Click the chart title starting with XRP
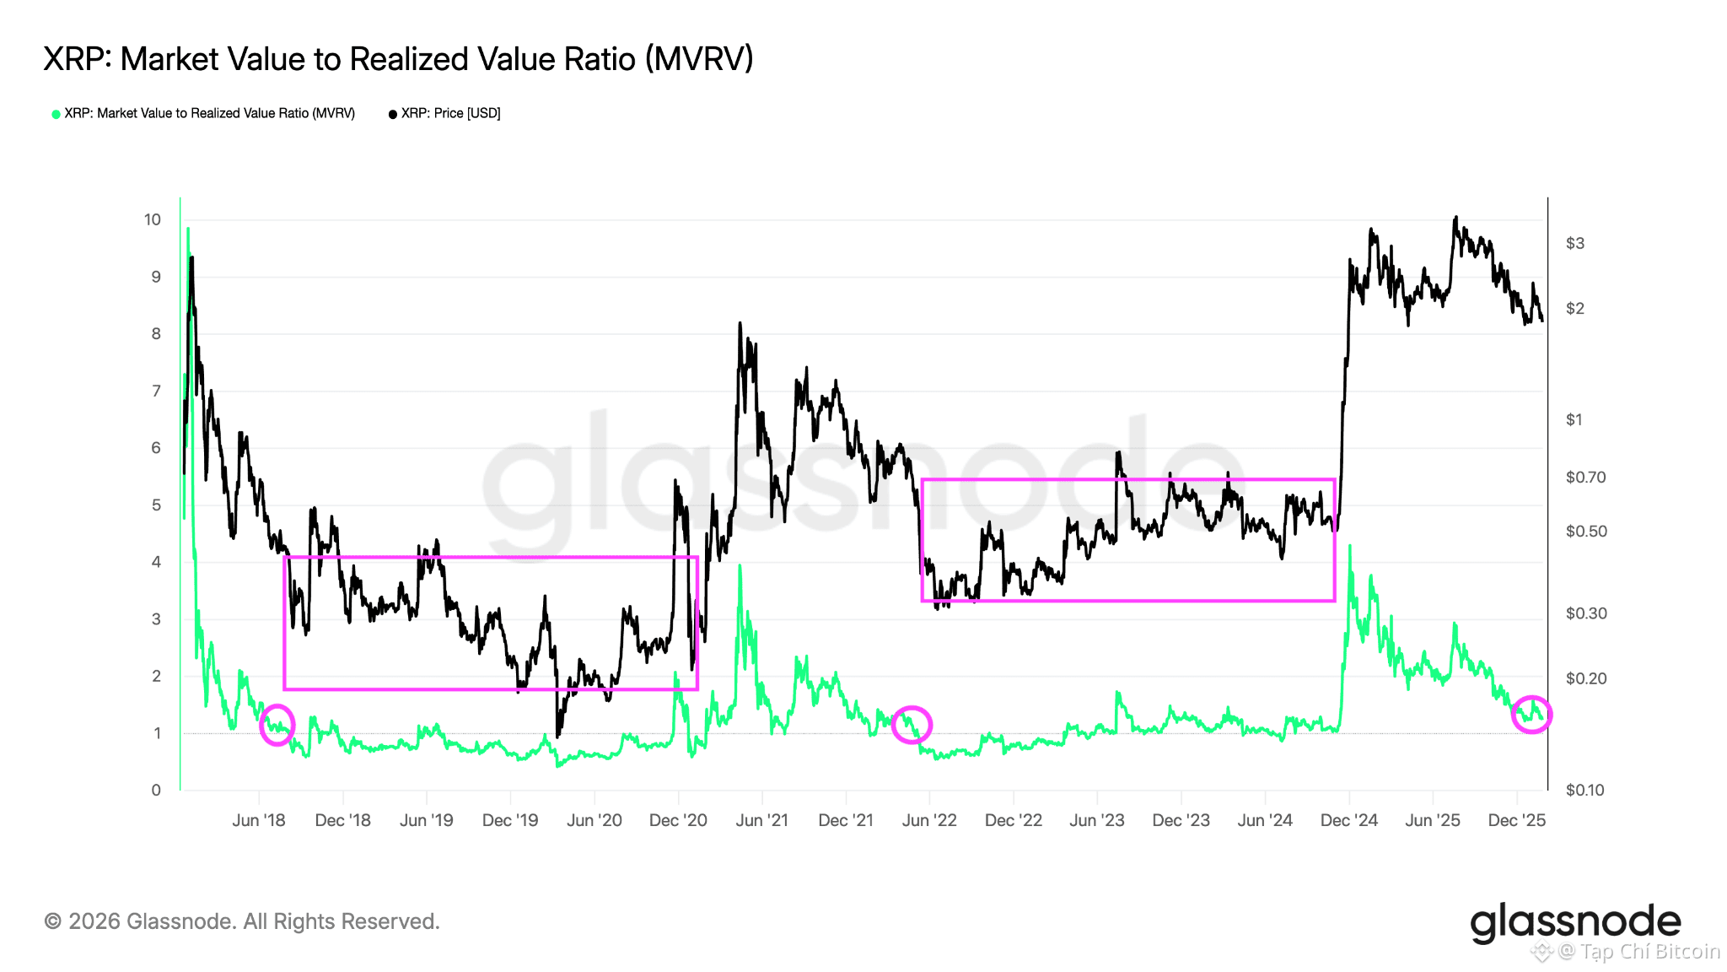pos(398,59)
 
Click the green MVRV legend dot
pos(56,114)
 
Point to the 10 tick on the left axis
pos(152,219)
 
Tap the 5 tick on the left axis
pos(156,505)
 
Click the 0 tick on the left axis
pos(156,790)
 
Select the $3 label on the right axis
pos(1574,243)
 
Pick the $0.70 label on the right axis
pos(1585,477)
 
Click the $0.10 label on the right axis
pos(1585,790)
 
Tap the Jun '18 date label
pos(259,820)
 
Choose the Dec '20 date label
pos(678,820)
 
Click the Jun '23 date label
pos(1097,820)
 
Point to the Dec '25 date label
pos(1516,820)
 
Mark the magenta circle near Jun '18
pos(277,724)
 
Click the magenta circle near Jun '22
pos(912,724)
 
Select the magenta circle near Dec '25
pos(1531,714)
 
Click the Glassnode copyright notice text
pos(242,921)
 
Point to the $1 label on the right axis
pos(1574,419)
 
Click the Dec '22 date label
pos(1014,820)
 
